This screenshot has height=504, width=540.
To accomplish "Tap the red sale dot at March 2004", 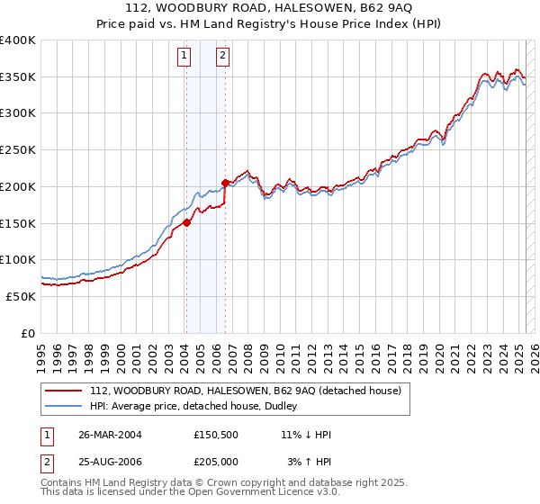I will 186,222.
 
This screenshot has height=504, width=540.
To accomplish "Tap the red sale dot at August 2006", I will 225,183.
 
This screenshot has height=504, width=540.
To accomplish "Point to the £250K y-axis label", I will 18,150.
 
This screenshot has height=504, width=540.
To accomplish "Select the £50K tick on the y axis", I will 22,296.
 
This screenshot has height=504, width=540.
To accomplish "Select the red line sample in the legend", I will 64,391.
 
